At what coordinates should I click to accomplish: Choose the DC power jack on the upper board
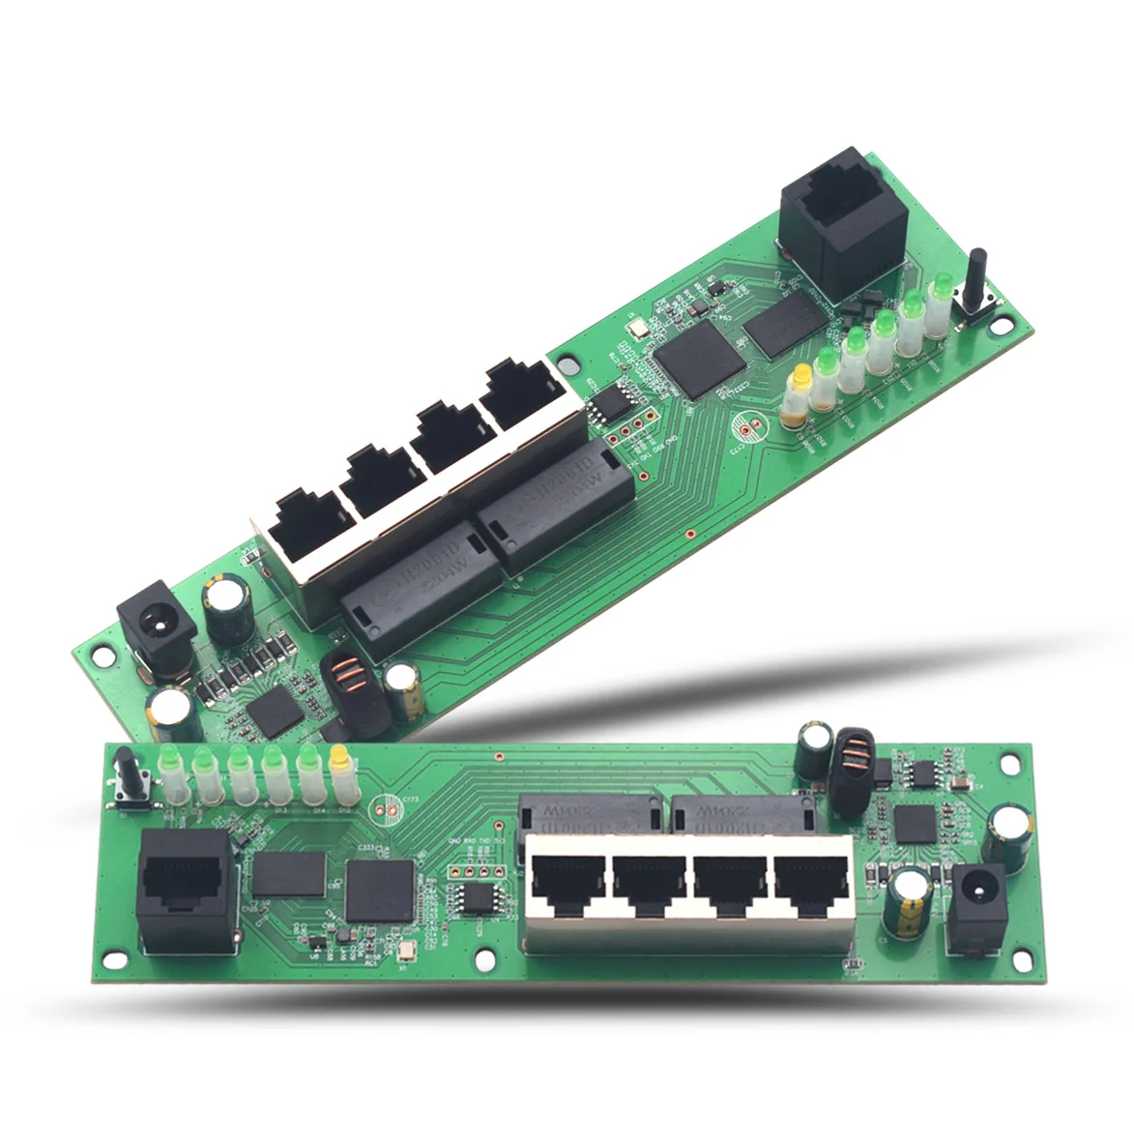pos(153,632)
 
